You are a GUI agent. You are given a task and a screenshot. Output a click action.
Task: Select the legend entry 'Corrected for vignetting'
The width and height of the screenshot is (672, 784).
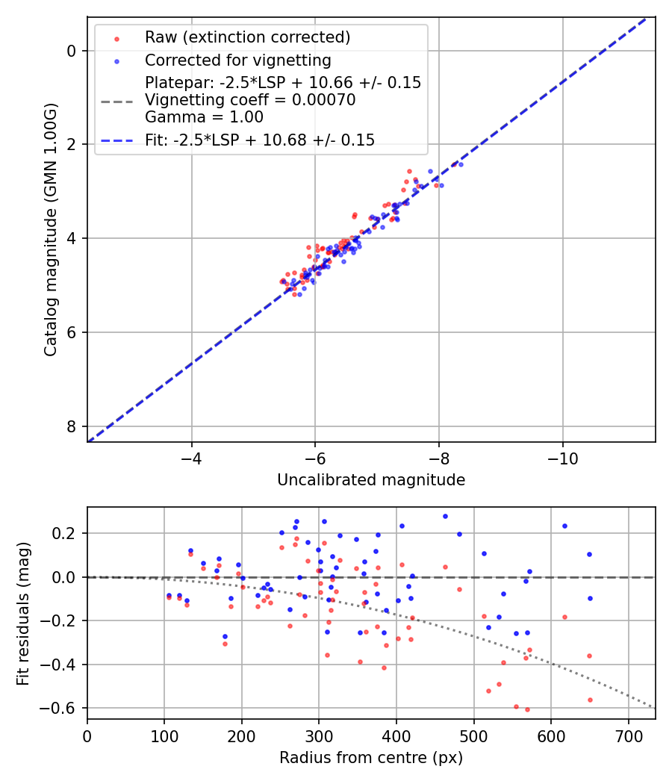coord(237,60)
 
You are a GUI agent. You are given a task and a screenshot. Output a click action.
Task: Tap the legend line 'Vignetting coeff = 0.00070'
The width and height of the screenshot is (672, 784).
coord(250,100)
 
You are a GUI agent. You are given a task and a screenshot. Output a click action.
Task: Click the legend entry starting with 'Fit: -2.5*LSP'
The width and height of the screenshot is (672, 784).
coord(260,140)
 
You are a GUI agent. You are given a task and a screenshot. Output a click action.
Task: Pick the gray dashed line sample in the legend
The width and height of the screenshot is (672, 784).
coord(116,100)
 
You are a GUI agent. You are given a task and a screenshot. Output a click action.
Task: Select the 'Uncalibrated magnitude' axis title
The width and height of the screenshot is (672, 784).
coord(371,480)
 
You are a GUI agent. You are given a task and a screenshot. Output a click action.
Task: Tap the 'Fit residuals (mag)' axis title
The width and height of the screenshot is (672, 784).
coord(23,612)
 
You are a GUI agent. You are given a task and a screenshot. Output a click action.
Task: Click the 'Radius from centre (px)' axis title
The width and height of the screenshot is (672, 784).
coord(371,758)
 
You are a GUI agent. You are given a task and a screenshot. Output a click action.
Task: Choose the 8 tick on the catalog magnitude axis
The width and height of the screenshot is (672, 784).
coord(72,426)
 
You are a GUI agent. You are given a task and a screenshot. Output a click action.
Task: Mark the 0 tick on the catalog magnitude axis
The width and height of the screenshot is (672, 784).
coord(72,51)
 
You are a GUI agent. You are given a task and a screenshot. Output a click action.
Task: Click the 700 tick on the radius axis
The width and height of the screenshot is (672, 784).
coord(628,736)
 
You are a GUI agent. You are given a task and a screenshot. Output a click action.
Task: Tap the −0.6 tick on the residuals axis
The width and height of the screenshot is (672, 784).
coord(64,708)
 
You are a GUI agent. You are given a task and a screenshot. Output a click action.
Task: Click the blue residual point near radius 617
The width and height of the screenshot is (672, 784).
coord(564,526)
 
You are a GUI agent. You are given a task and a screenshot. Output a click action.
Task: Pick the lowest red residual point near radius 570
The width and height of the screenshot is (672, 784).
coord(527,709)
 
